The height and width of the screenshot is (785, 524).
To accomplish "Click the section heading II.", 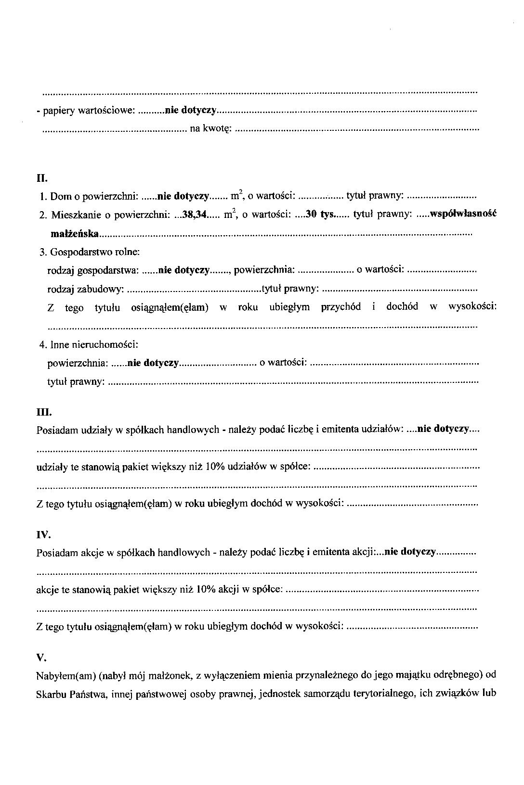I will point(42,178).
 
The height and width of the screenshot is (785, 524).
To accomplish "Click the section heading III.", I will point(44,412).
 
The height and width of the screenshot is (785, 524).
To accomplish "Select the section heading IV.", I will point(43,535).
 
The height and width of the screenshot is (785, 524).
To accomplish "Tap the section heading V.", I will point(41,658).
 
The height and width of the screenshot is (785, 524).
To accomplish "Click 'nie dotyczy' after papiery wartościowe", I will point(190,111).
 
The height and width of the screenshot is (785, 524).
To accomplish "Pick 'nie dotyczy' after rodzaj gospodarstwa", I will point(184,270).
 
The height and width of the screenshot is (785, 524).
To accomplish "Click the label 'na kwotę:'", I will point(211,128).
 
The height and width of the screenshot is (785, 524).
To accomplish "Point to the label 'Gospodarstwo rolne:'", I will point(95,252).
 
